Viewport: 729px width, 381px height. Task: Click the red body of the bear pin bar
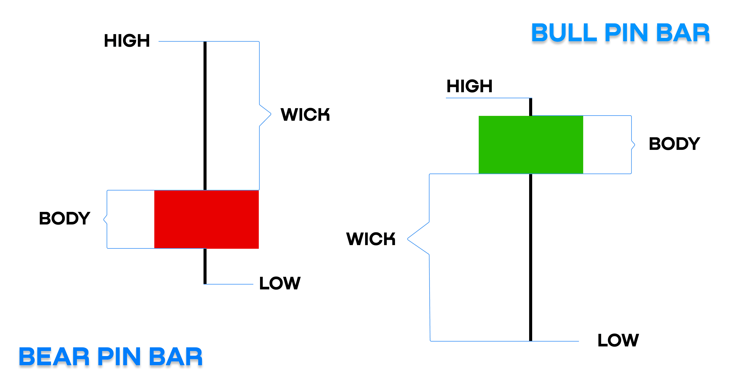click(206, 219)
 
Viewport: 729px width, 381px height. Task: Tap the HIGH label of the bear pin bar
click(127, 41)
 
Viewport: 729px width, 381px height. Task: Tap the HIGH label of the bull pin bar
click(469, 86)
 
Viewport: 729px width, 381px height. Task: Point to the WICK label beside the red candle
click(305, 114)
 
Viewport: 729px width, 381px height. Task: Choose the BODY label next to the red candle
click(65, 218)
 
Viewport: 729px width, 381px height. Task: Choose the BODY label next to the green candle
click(674, 144)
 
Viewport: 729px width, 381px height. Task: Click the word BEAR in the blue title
click(54, 357)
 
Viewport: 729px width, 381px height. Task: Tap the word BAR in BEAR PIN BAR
click(176, 357)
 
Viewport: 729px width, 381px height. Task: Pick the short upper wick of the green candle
click(531, 107)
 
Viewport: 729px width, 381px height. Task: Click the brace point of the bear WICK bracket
click(271, 114)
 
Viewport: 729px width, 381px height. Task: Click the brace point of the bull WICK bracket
click(408, 239)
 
